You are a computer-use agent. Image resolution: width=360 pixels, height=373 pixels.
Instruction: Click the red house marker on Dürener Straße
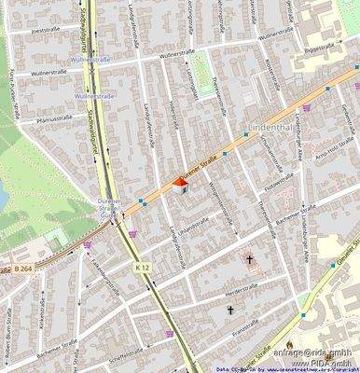click(x=180, y=186)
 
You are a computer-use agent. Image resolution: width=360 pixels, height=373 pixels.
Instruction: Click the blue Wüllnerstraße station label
click(x=92, y=95)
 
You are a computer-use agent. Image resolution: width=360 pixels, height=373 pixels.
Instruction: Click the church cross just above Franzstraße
click(x=230, y=309)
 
